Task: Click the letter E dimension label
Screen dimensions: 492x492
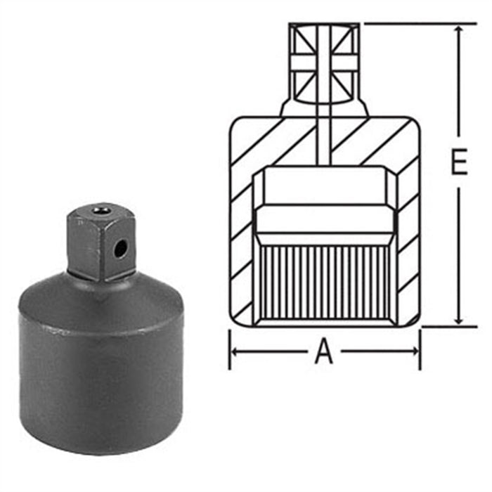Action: (458, 164)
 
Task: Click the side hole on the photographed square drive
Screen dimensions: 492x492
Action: (122, 247)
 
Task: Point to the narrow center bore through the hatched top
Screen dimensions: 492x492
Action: (324, 141)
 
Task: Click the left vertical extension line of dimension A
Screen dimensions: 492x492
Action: (230, 348)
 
